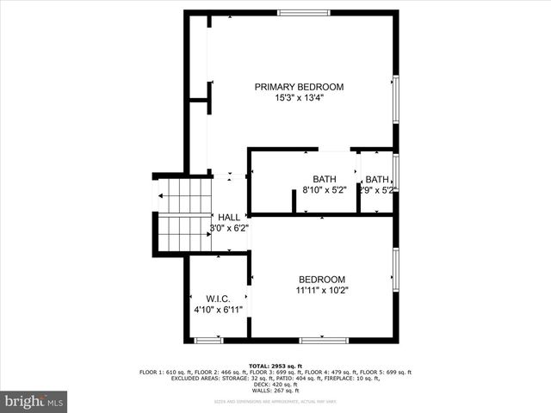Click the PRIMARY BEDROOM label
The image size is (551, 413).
coord(299,87)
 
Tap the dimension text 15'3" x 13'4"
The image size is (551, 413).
coord(299,98)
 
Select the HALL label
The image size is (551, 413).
coord(229,217)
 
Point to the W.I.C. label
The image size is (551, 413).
coord(218,298)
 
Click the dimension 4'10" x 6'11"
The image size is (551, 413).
coord(218,309)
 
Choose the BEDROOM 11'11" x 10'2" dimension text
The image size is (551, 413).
coord(322,291)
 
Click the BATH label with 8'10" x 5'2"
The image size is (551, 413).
coord(324,179)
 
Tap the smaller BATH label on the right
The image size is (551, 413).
coord(377,179)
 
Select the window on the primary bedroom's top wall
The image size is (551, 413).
coord(303,12)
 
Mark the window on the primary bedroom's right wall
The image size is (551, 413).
coord(396,99)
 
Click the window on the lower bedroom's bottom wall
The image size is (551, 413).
coord(324,340)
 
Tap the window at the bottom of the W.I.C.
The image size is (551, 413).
coord(208,340)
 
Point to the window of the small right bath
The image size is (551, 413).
coord(396,171)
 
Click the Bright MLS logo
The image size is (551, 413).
coord(34,401)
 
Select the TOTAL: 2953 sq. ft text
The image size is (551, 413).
coord(275,366)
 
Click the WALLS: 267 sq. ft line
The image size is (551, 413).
coord(275,391)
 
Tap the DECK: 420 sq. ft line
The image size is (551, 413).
coord(275,385)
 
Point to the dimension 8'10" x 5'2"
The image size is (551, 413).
coord(324,190)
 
